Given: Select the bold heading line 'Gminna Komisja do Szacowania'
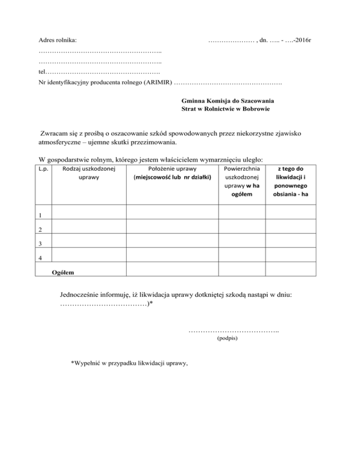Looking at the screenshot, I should (x=228, y=101).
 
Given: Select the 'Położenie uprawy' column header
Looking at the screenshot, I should (x=172, y=173).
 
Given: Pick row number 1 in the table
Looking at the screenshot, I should (x=40, y=216).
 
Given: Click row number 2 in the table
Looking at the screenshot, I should (x=40, y=230).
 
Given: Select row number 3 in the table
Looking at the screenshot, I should (x=40, y=244).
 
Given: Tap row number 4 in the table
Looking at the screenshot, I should (x=40, y=257).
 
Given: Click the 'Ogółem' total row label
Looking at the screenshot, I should (x=65, y=271).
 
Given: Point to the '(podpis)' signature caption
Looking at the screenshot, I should (x=228, y=337).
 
